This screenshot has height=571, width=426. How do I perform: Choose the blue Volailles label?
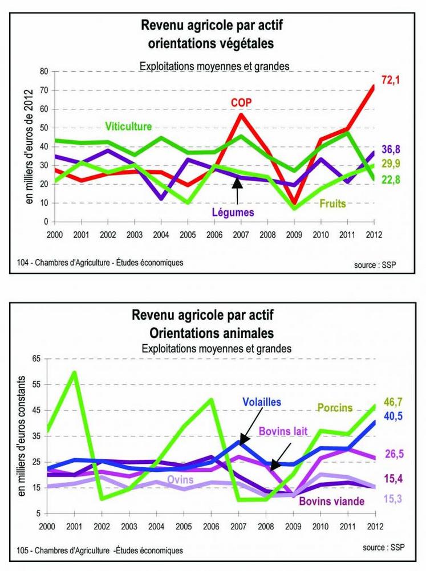coord(262,401)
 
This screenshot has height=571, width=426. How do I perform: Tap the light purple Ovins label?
coord(180,480)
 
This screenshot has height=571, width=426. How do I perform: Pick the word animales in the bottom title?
coord(246,332)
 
